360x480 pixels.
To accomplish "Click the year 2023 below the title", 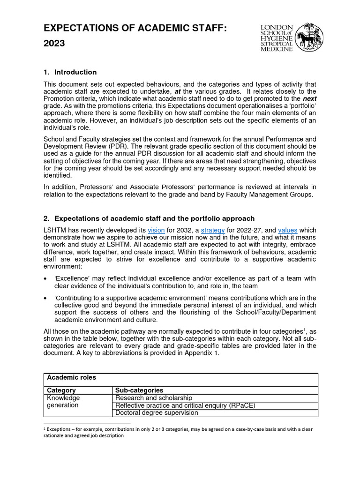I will click(x=54, y=44).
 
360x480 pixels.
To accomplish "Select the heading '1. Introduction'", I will click(x=70, y=72).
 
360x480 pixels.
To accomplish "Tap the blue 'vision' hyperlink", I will click(x=156, y=230).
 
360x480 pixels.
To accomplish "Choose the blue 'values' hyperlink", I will click(x=287, y=230).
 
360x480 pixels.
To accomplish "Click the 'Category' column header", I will click(x=61, y=390).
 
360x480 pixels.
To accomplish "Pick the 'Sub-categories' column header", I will click(x=139, y=390).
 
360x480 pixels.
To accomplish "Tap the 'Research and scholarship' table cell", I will click(x=154, y=398).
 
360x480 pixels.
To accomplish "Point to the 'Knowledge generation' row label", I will click(x=62, y=402).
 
